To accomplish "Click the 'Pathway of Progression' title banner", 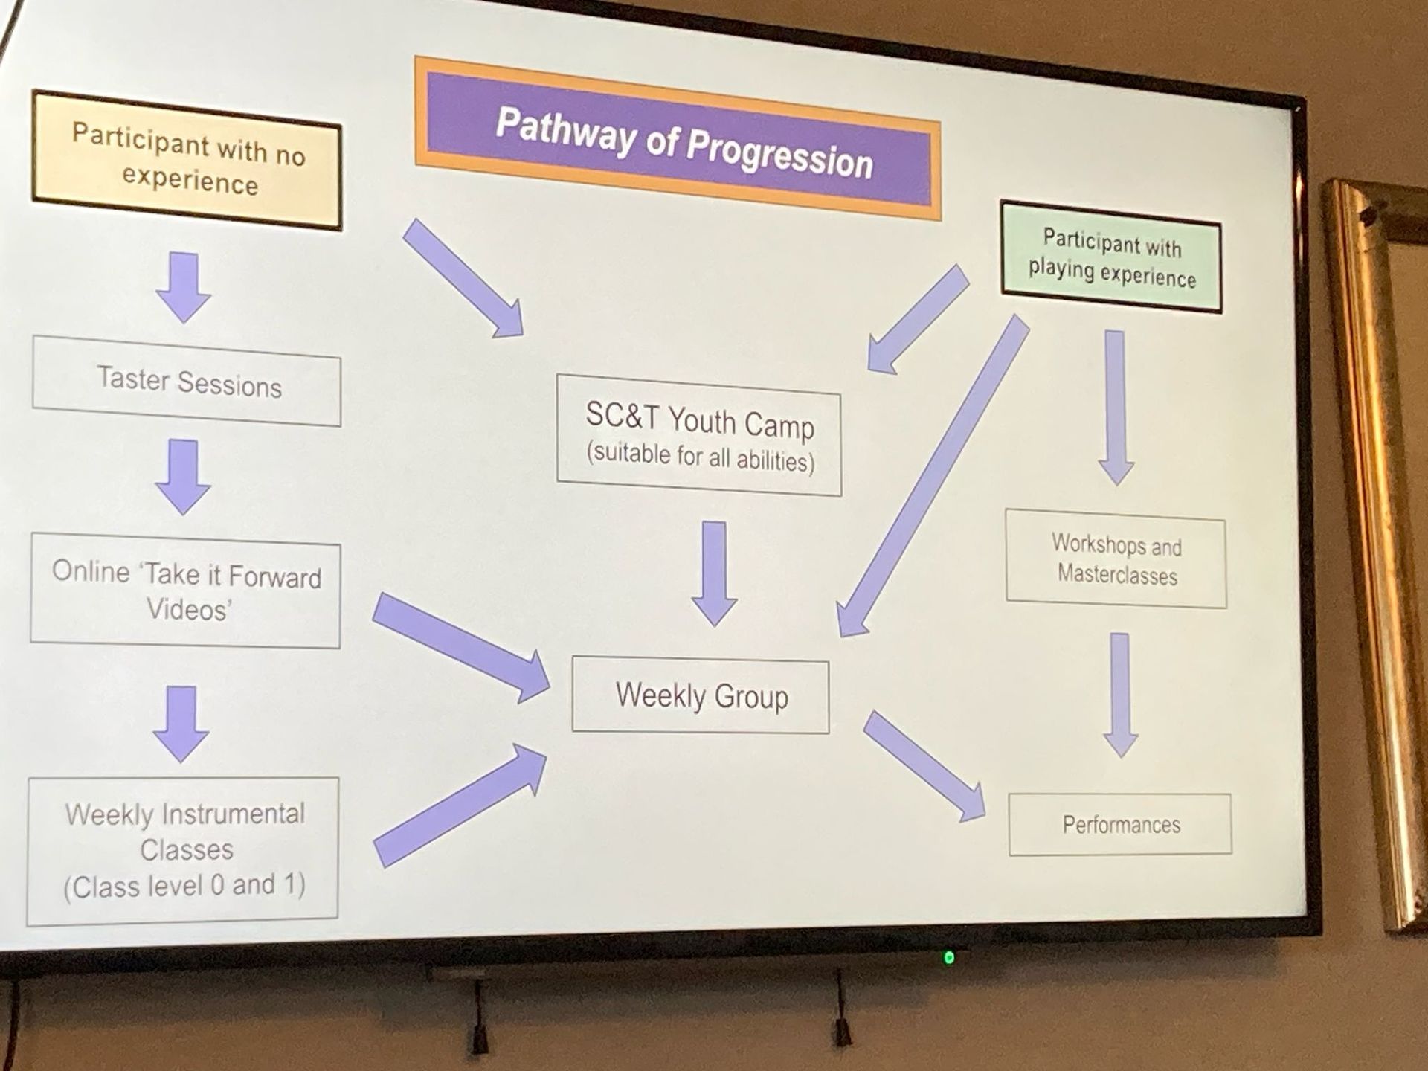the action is click(x=678, y=138).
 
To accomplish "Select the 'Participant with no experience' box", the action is click(x=187, y=160).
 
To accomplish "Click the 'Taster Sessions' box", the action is click(x=187, y=381).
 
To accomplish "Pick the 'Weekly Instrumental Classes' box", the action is click(x=183, y=851).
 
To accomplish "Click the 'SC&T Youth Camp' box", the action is click(x=699, y=435).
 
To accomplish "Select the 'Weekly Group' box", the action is click(x=700, y=695).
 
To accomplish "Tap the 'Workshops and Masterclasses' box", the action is click(x=1116, y=559).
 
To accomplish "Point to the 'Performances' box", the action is click(x=1120, y=825).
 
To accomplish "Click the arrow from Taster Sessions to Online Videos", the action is click(x=183, y=477).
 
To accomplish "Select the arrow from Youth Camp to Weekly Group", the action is click(x=714, y=573).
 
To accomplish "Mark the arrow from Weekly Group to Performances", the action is click(x=924, y=766).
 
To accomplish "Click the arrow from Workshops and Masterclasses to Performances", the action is click(x=1120, y=695).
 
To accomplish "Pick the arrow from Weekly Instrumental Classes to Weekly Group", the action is click(x=460, y=806).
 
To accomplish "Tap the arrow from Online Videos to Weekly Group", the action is click(x=461, y=648).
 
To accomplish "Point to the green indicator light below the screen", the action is click(x=949, y=957).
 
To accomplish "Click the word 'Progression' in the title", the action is click(x=779, y=155).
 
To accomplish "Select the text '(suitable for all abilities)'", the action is click(x=701, y=456).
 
